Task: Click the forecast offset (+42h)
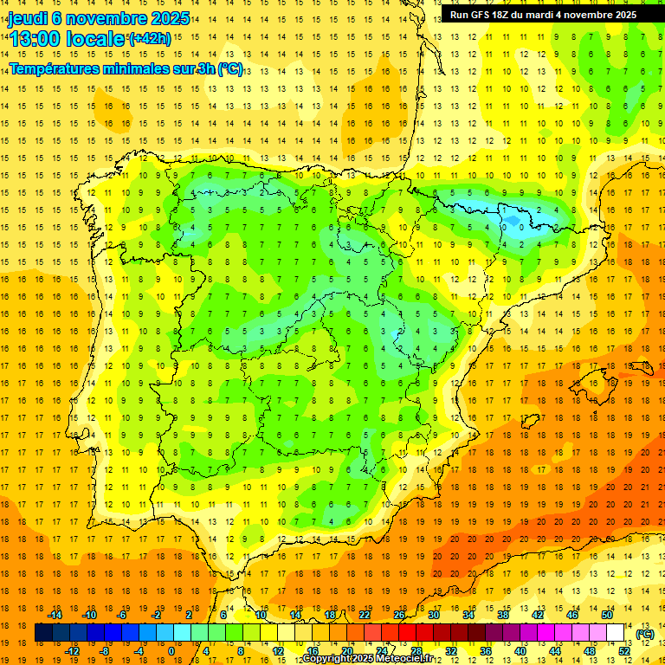tap(150, 39)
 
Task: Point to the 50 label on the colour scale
tap(607, 615)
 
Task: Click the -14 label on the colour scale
tap(55, 615)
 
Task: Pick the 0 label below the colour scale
tap(171, 651)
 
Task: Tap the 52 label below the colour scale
tap(624, 651)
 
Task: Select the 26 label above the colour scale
tap(399, 615)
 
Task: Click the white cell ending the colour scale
tap(616, 633)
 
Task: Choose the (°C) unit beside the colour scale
tap(644, 634)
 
